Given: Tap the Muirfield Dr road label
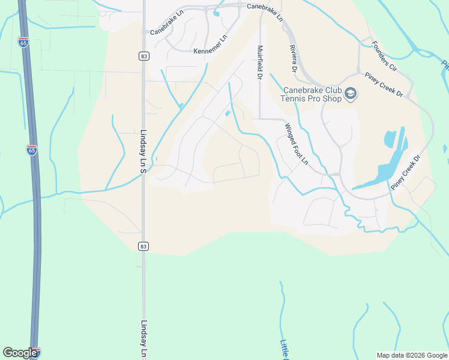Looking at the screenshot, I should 260,62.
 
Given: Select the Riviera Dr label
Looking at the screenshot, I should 294,59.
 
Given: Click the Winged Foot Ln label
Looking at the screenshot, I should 296,145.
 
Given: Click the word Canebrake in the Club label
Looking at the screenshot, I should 302,91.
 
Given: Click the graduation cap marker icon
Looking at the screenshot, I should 351,94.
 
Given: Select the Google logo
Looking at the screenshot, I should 20,353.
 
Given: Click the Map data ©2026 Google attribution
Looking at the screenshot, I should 411,355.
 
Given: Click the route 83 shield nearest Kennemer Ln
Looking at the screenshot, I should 143,56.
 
